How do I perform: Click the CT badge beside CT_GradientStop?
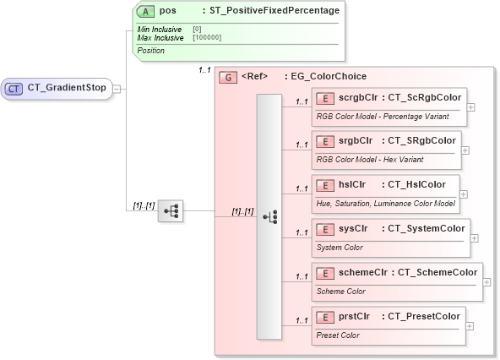tap(14, 88)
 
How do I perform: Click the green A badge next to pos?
tap(145, 11)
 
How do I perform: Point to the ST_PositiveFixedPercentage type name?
tap(274, 11)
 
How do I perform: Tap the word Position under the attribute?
tap(151, 51)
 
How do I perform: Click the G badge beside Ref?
tap(227, 77)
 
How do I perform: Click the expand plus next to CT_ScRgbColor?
tap(470, 107)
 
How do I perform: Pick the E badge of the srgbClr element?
tap(325, 140)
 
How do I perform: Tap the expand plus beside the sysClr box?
tap(474, 238)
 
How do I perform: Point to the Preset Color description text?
tap(338, 335)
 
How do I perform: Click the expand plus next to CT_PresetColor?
tap(470, 326)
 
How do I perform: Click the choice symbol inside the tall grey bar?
tap(270, 217)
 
